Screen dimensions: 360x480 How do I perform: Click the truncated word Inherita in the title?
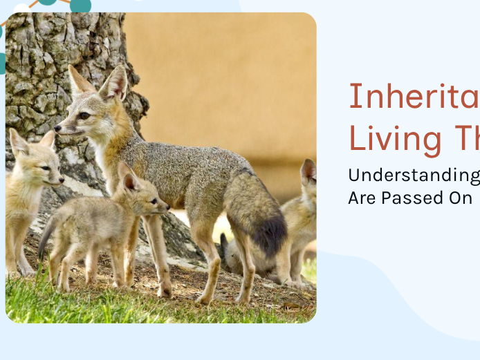point(414,97)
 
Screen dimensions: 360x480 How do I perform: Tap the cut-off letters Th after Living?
point(466,138)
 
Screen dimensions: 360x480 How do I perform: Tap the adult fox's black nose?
point(57,128)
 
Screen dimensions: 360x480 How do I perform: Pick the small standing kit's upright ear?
point(128,178)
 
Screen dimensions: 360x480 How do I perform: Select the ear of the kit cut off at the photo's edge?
point(308,171)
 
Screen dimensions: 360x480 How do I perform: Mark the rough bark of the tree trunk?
point(41,76)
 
